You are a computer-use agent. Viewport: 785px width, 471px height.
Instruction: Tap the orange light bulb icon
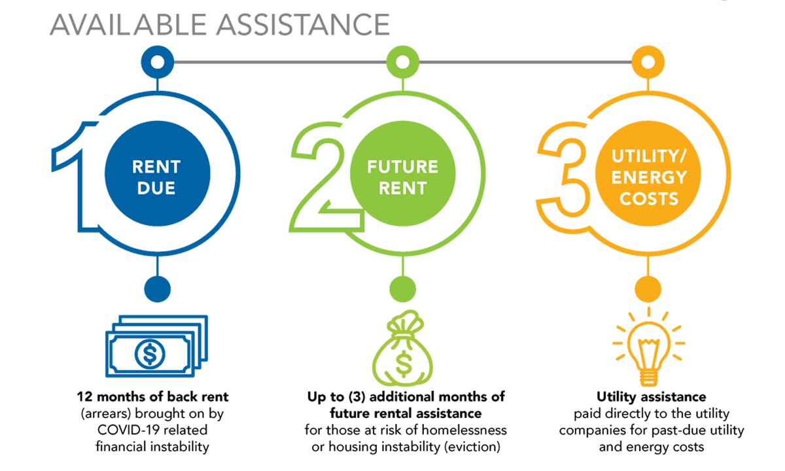tap(648, 347)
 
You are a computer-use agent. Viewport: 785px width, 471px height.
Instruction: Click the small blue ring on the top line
tap(157, 63)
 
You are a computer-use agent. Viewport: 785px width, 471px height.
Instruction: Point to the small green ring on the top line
tap(402, 63)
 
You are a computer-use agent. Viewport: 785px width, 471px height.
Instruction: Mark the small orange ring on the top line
tap(648, 63)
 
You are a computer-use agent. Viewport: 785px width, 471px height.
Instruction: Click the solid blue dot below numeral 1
tap(157, 288)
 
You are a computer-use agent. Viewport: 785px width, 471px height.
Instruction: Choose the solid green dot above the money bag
tap(402, 288)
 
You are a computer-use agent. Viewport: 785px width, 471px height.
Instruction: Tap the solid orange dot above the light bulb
tap(648, 288)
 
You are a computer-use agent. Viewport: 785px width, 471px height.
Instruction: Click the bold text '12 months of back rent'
tap(152, 397)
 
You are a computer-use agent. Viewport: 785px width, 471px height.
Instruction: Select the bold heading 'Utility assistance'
tap(651, 397)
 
